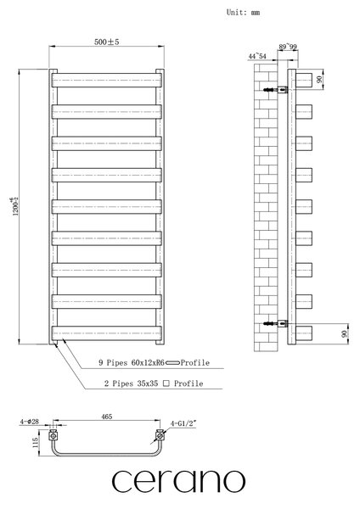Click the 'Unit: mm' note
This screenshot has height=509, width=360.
click(x=243, y=13)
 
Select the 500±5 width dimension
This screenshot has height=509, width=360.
click(x=107, y=42)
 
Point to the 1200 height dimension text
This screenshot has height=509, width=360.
click(x=15, y=206)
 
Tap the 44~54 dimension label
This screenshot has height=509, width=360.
click(x=257, y=56)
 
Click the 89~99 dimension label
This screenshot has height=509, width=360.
click(x=288, y=47)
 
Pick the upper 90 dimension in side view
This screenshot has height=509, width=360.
click(x=319, y=79)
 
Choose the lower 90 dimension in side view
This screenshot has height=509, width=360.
click(x=345, y=333)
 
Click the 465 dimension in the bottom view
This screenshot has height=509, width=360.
click(x=107, y=417)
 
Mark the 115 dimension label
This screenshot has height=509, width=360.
click(x=36, y=442)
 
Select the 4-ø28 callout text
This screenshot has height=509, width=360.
click(x=29, y=422)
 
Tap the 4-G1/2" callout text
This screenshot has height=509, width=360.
click(x=183, y=423)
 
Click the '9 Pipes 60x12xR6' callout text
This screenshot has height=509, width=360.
click(x=132, y=362)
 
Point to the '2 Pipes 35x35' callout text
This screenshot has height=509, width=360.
click(x=131, y=383)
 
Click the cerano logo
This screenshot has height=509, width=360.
click(x=178, y=481)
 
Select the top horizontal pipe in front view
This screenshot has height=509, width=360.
click(x=107, y=81)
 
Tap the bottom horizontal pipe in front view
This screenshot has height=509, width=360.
click(x=107, y=333)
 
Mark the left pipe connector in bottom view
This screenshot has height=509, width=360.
click(x=53, y=436)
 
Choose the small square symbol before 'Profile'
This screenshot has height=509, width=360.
click(x=166, y=383)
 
